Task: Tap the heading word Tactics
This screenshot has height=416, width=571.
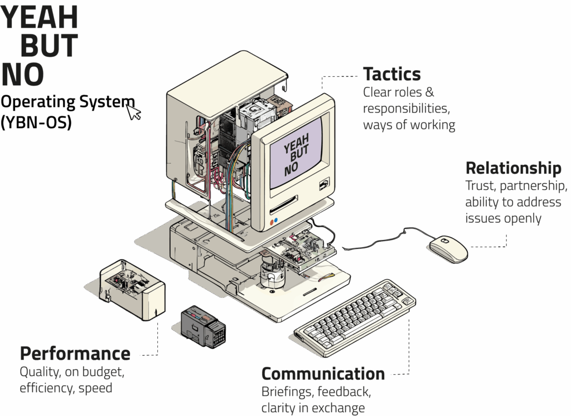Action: [x=391, y=74]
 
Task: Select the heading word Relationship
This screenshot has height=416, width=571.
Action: [x=513, y=168]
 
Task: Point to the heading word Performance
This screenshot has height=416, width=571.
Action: [x=75, y=354]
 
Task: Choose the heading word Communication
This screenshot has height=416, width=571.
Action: [x=323, y=373]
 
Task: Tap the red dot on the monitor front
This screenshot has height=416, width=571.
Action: [x=271, y=221]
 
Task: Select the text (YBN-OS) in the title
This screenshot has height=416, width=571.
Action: [x=36, y=123]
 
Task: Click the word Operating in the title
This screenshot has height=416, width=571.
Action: [x=37, y=102]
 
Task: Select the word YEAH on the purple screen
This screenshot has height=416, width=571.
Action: [x=296, y=146]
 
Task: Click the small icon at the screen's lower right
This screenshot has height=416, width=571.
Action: [x=323, y=183]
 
